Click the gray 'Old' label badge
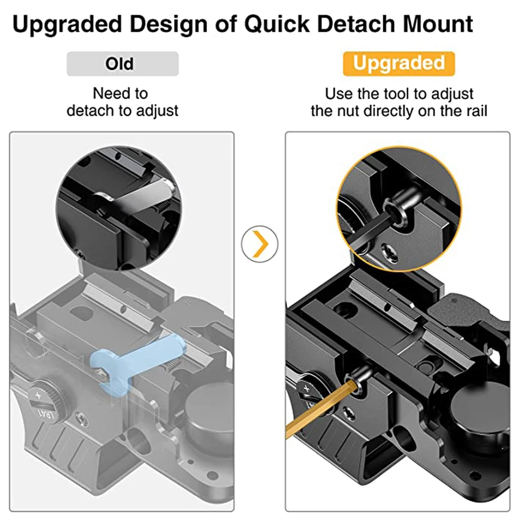pyautogui.click(x=122, y=63)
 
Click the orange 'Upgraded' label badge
pyautogui.click(x=399, y=63)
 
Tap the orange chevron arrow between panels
pyautogui.click(x=261, y=244)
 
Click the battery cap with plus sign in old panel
pyautogui.click(x=45, y=399)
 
